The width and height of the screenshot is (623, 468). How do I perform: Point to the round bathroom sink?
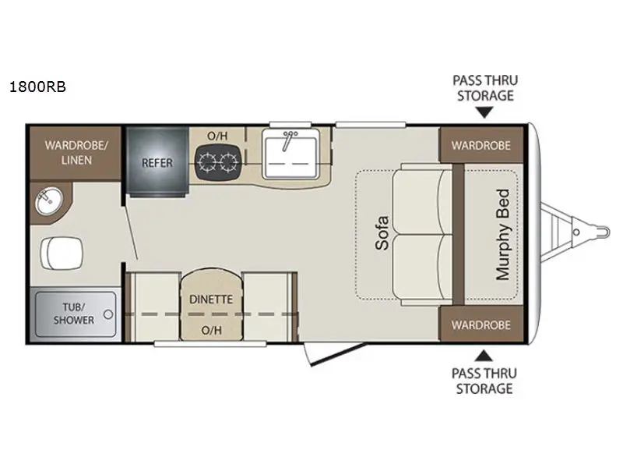coord(47,203)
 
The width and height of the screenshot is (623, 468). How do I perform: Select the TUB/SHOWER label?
coord(74,314)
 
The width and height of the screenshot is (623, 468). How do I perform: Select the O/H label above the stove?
coord(217,136)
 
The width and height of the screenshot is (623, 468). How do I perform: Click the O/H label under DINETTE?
coord(212,329)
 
